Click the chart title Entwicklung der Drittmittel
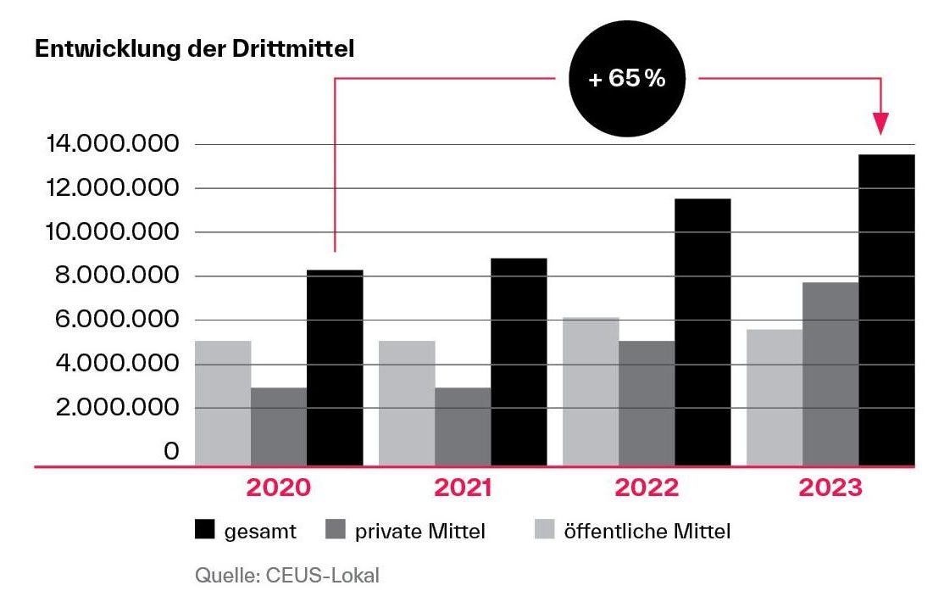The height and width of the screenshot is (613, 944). coord(193,49)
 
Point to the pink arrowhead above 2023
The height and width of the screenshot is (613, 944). coord(882,124)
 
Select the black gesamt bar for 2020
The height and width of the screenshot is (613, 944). coord(335,368)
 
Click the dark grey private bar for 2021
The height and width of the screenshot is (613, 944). coord(463,426)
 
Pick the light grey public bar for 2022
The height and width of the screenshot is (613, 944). coord(591,392)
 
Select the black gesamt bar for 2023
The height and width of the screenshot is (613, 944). coord(886,310)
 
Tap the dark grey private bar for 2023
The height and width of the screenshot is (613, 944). coord(830,374)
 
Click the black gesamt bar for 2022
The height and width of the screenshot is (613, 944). coord(702,332)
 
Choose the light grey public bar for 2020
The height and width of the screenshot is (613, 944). coord(223,403)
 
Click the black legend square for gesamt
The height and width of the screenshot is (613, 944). coord(205,531)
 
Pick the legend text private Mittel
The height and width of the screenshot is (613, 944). coord(420,532)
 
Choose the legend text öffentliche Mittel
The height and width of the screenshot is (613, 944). coord(647,532)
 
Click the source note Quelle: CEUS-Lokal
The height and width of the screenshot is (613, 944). coord(287,577)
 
